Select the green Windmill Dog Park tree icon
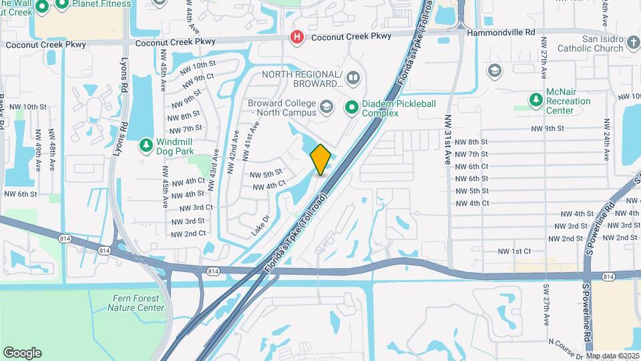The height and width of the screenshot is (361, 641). click(x=146, y=144)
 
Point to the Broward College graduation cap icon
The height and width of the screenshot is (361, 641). click(x=326, y=107)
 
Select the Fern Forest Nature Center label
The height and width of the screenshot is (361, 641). click(x=136, y=303)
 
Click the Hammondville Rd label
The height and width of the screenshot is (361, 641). click(x=501, y=32)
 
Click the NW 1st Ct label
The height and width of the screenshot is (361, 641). click(x=514, y=251)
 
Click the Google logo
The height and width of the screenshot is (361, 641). click(x=22, y=353)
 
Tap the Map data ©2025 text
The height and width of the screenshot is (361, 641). click(x=612, y=356)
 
